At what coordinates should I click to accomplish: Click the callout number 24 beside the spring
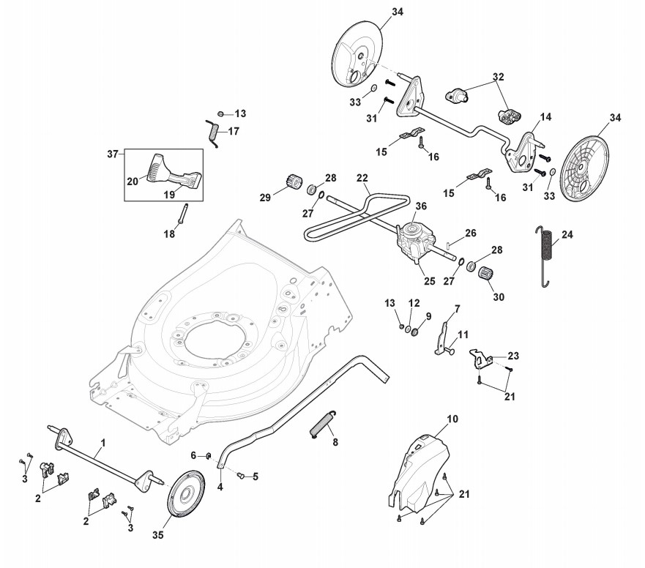coord(567,236)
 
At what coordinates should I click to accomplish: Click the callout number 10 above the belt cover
coord(452,419)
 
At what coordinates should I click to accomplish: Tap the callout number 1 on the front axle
coord(103,443)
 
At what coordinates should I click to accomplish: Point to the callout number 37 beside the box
coord(112,154)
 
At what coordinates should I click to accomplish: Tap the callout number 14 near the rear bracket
coord(545,117)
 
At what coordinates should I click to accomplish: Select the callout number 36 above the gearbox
coord(421,206)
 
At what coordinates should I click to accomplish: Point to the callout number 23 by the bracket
coord(512,356)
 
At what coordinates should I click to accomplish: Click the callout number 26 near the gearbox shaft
coord(470,233)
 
